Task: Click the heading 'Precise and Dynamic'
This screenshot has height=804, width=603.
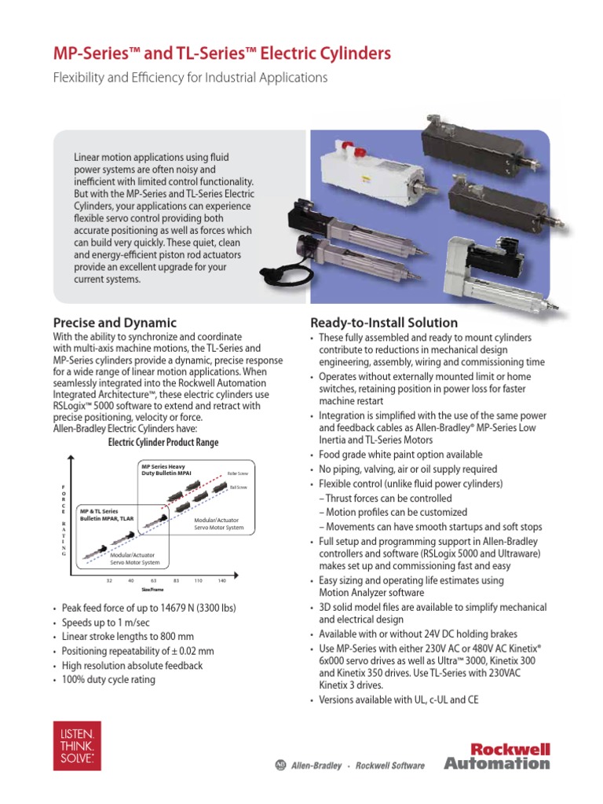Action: [115, 323]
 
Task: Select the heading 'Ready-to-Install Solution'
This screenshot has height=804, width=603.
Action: [384, 323]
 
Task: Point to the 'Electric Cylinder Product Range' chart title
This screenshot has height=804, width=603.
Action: [163, 442]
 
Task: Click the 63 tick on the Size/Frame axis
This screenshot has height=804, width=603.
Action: [154, 580]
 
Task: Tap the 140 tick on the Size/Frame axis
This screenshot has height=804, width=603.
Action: [222, 580]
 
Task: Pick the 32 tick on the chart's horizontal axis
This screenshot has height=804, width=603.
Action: [109, 580]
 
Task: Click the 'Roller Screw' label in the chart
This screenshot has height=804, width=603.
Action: [237, 473]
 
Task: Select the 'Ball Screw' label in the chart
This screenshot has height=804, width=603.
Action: [238, 487]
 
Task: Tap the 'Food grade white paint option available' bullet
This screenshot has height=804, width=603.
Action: [400, 455]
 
